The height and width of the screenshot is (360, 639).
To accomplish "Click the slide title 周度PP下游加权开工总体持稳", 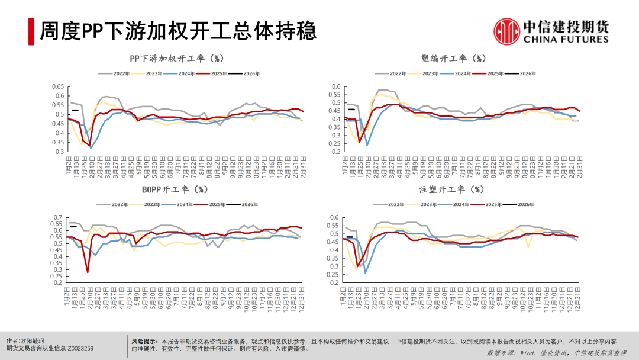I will click(177, 31).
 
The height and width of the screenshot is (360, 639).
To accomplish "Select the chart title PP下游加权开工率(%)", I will click(176, 59).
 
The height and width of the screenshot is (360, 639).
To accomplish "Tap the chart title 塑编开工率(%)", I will click(454, 59).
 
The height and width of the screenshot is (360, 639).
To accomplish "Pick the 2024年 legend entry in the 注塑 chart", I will click(463, 204).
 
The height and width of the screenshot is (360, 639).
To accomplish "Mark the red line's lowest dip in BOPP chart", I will click(88, 272).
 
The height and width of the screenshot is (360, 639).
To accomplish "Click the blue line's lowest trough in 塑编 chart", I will click(367, 145).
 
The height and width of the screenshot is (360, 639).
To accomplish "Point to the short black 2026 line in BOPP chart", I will click(74, 226).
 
